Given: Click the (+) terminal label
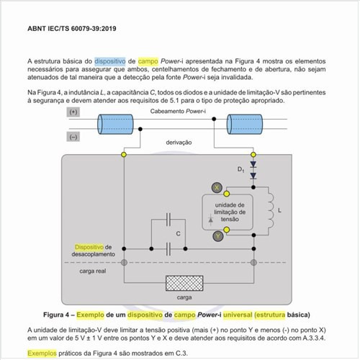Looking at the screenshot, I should click(x=73, y=113).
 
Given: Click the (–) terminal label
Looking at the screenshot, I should click(x=73, y=135).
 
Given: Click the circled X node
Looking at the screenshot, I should click(x=216, y=187).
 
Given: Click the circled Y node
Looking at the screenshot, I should click(x=216, y=235).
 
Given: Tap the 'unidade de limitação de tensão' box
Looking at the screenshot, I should click(x=230, y=212).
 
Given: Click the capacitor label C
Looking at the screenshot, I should click(x=177, y=234).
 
